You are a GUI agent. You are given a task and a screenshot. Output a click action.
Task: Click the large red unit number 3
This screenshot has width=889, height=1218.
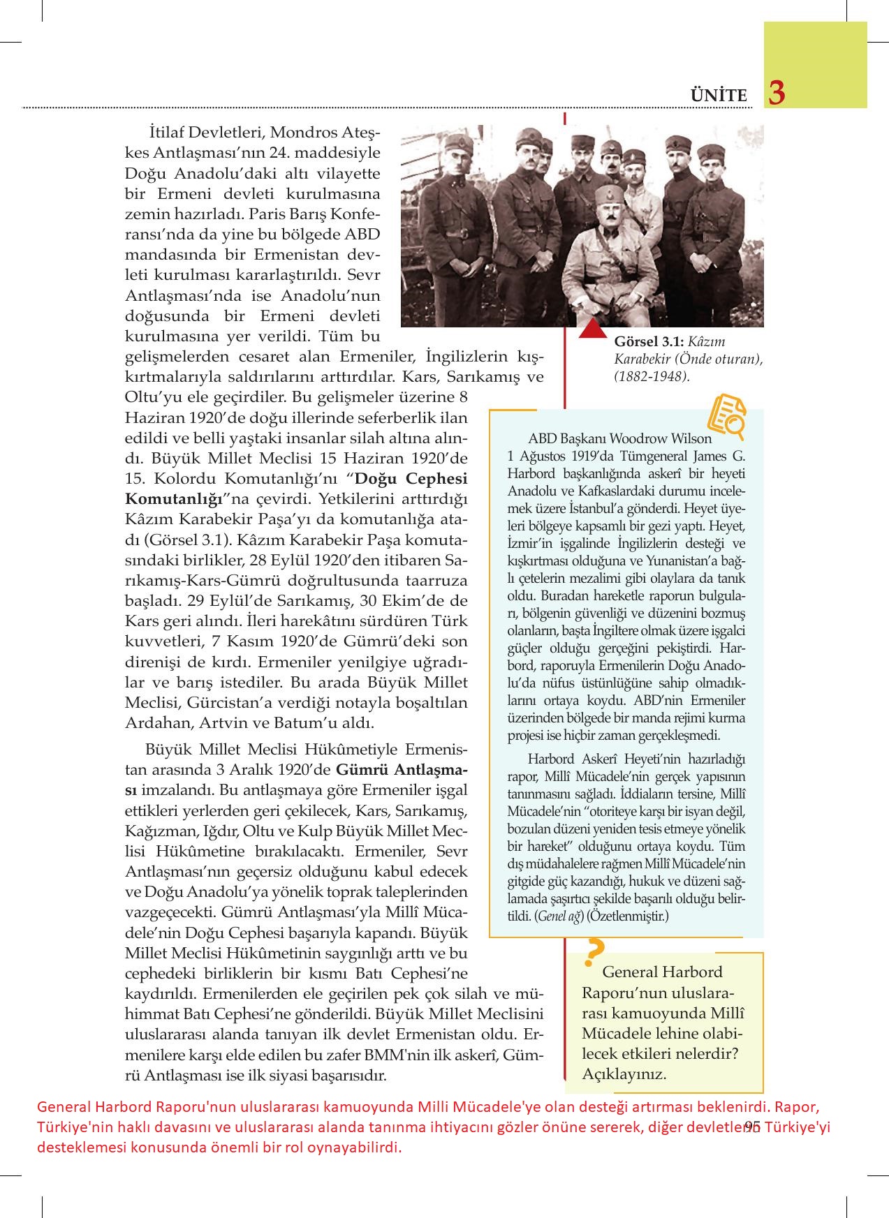[777, 92]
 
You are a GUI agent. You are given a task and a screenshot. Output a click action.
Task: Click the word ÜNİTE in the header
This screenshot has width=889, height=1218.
[719, 96]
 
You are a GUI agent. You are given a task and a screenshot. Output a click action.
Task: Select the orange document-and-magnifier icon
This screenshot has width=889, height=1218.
[726, 417]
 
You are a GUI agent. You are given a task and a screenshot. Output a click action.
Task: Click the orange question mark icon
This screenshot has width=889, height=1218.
[595, 951]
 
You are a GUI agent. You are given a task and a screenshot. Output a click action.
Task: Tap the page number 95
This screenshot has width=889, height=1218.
[752, 1125]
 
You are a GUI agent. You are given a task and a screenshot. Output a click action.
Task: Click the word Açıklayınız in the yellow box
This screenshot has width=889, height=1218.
[624, 1074]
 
